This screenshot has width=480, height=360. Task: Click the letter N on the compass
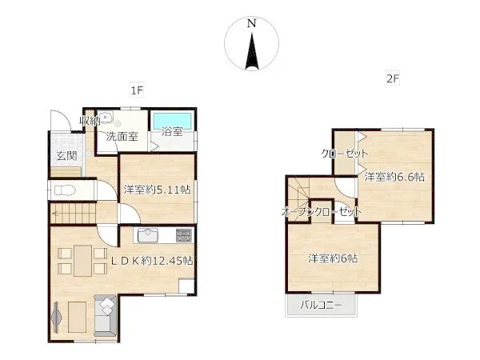(x=252, y=23)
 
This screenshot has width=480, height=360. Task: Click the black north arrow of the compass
(x=252, y=51)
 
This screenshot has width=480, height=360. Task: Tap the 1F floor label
(x=137, y=90)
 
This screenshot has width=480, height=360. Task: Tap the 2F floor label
(x=393, y=78)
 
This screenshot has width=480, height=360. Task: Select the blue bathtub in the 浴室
(x=172, y=122)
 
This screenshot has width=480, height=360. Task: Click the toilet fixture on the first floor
(x=65, y=190)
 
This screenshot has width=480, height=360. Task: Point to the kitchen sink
(x=148, y=235)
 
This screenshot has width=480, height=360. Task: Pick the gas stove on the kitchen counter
(x=184, y=235)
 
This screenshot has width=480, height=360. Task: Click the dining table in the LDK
(x=82, y=261)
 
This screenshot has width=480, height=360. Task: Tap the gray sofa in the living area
(x=106, y=316)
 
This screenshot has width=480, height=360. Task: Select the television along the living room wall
(x=56, y=317)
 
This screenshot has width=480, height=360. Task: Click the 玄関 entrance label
(x=66, y=156)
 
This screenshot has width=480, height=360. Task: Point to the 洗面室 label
(x=122, y=137)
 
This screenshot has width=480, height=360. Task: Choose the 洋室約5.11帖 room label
(x=158, y=190)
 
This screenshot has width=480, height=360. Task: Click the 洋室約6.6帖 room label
(x=394, y=177)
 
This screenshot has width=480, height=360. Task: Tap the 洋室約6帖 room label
(x=333, y=258)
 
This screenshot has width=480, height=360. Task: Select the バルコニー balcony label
(x=321, y=305)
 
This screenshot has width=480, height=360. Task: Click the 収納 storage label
(x=90, y=121)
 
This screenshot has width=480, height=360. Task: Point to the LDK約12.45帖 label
(x=152, y=261)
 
